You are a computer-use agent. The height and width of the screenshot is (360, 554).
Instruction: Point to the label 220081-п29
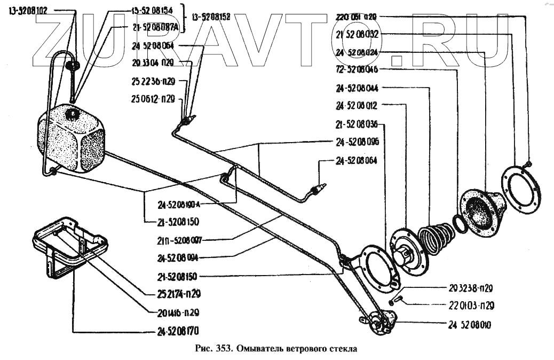pyautogui.click(x=357, y=17)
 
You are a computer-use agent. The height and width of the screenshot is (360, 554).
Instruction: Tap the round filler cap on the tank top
pyautogui.click(x=71, y=113)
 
